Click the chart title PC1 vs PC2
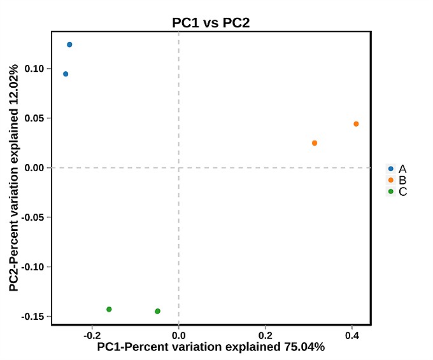[x=211, y=23]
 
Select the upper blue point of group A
[x=69, y=45]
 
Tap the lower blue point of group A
[x=66, y=74]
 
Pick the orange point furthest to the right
[x=356, y=124]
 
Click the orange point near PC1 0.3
[x=315, y=143]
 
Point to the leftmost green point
[x=109, y=309]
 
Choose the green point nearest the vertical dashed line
[x=157, y=311]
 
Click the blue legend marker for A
[x=391, y=169]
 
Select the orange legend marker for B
[x=391, y=180]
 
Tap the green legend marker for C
[x=391, y=191]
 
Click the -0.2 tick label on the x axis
[x=92, y=335]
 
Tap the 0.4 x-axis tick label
[x=352, y=335]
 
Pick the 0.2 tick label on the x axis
[x=266, y=335]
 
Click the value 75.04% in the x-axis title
[x=303, y=347]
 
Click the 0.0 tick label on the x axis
[x=179, y=335]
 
